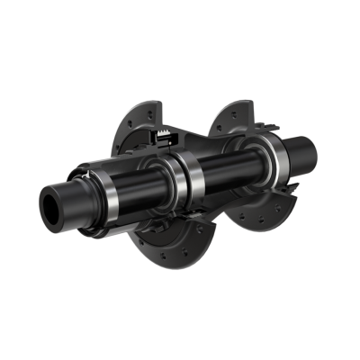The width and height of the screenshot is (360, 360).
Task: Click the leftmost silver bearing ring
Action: coord(106,196)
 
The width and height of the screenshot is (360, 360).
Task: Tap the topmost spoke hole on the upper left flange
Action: coord(143,111)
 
